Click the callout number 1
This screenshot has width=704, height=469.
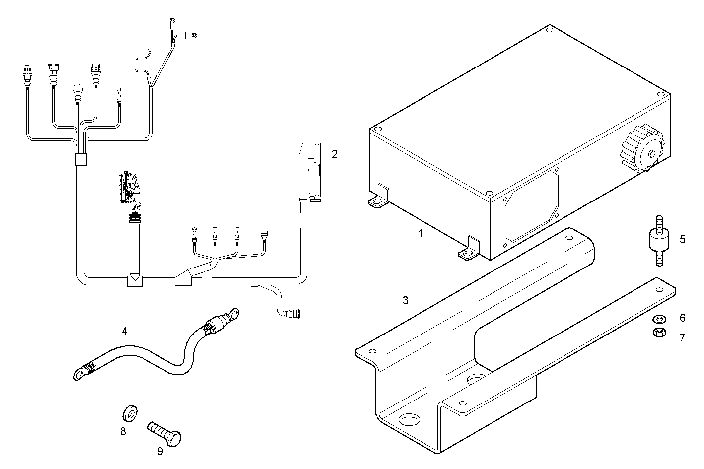(x=420, y=233)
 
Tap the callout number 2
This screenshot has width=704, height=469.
(x=335, y=154)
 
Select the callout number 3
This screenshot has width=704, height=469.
(x=406, y=300)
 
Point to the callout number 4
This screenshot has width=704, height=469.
(x=125, y=331)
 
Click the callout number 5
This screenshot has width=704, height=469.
(x=682, y=240)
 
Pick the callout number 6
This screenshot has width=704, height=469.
(x=682, y=318)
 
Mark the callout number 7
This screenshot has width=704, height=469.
(x=682, y=337)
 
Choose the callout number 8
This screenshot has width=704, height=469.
(x=123, y=431)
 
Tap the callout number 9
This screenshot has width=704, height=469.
(x=160, y=451)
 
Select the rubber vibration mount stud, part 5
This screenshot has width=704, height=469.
(x=659, y=241)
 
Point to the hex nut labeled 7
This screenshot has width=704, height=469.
(x=659, y=332)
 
